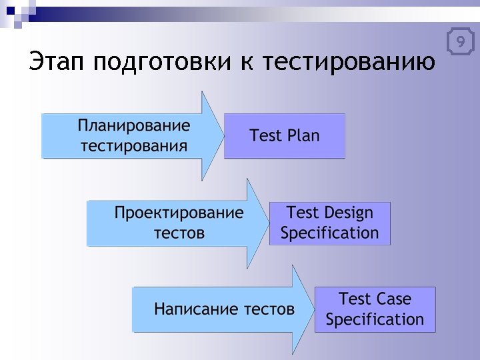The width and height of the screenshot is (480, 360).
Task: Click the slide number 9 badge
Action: pos(460,43)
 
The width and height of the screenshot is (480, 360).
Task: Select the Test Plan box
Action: pos(285,136)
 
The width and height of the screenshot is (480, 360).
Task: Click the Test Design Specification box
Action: pos(329,223)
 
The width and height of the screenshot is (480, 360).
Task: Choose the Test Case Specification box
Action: pos(375,309)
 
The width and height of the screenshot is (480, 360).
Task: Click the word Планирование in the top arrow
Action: pos(134,126)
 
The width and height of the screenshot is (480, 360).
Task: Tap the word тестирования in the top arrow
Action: pos(134,146)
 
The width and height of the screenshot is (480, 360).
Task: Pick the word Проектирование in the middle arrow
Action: pos(179,213)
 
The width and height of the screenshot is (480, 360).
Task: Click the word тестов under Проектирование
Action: pos(179,233)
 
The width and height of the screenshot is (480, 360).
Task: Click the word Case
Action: pos(393,299)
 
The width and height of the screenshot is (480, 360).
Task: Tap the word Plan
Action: pos(303,136)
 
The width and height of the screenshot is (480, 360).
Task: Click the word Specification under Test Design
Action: pos(329,233)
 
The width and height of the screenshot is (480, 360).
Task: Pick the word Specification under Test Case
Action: pos(375,319)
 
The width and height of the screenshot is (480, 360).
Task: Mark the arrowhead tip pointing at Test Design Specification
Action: pos(267,223)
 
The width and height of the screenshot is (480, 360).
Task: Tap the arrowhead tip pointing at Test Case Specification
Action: pos(313,309)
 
